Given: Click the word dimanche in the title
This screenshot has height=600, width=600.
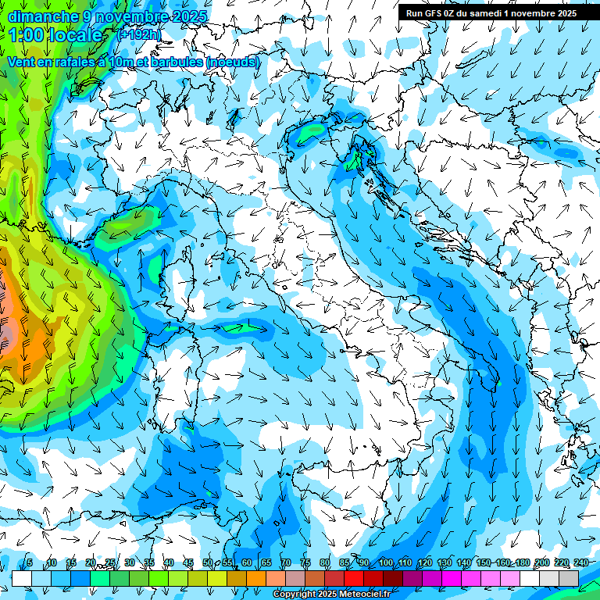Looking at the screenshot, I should pyautogui.click(x=43, y=16).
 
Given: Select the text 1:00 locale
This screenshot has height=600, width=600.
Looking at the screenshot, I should pyautogui.click(x=56, y=35).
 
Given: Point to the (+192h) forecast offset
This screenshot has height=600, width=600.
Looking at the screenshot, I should pyautogui.click(x=138, y=34).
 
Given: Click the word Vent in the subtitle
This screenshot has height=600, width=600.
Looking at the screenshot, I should pyautogui.click(x=23, y=62).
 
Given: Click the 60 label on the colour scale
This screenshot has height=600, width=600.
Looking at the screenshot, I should pyautogui.click(x=247, y=562).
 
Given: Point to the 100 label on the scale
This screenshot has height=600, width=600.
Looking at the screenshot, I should pyautogui.click(x=385, y=562).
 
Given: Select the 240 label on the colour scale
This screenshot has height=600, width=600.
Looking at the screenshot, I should pyautogui.click(x=580, y=562).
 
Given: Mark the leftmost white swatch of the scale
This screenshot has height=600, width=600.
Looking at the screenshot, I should pyautogui.click(x=22, y=577).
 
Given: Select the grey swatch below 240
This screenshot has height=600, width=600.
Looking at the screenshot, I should pyautogui.click(x=569, y=577).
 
